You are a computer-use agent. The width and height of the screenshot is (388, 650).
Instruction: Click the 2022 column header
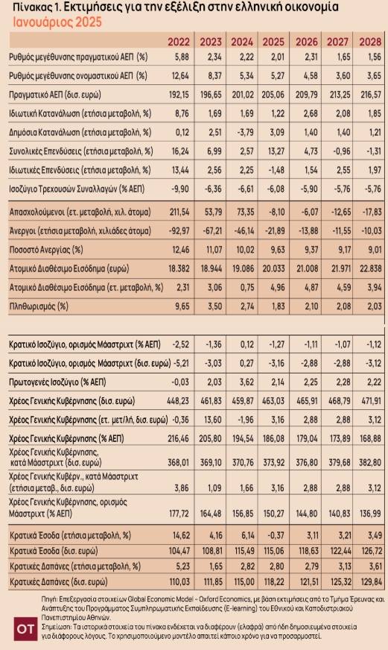click(x=179, y=42)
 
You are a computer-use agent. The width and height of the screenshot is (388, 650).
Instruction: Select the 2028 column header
click(x=370, y=42)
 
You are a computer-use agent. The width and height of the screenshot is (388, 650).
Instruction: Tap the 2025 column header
click(x=273, y=42)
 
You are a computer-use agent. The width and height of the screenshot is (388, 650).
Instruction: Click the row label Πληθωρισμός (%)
click(x=39, y=306)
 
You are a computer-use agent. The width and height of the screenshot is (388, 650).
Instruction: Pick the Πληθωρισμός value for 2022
click(x=180, y=306)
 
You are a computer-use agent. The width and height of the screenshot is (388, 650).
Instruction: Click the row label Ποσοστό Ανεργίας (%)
click(x=46, y=250)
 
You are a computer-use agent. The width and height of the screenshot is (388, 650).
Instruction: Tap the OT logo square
click(x=25, y=629)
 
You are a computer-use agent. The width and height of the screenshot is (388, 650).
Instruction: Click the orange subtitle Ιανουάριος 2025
click(x=57, y=22)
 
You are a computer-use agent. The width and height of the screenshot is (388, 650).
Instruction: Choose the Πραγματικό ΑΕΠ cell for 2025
click(x=273, y=95)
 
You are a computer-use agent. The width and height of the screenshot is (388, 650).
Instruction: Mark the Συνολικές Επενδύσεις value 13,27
click(x=276, y=151)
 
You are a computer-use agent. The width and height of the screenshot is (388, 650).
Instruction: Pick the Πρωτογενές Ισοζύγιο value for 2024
click(x=247, y=382)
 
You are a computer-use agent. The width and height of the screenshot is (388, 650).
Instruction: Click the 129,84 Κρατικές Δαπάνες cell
click(x=371, y=581)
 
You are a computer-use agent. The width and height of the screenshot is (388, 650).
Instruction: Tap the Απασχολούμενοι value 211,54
click(x=179, y=212)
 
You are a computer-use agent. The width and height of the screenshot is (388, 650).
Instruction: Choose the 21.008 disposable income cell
click(x=306, y=268)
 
